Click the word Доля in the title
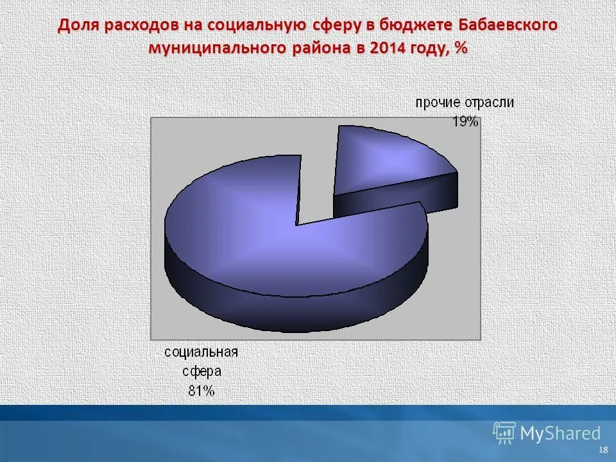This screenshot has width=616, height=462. pos(78,26)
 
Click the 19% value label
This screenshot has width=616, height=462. pos(465,121)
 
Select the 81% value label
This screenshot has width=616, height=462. pos(201,391)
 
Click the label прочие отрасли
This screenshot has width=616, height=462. pos(464,103)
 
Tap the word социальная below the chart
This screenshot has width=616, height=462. pos(201,352)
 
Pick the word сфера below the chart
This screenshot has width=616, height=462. pos(201,372)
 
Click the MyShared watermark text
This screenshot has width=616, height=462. pos(560,433)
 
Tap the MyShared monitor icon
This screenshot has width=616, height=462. pos(504,433)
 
